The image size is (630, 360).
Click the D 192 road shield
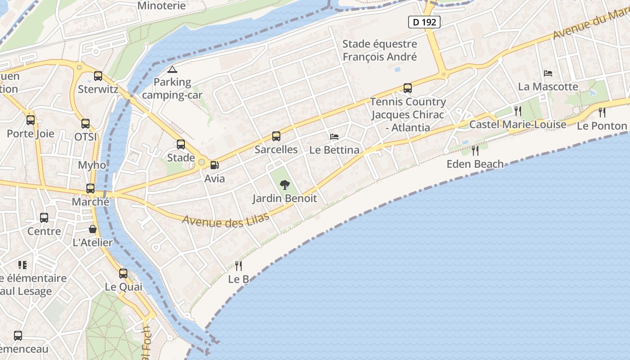(424, 22)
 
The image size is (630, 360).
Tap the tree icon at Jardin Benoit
(284, 184)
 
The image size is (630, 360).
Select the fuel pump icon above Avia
(215, 165)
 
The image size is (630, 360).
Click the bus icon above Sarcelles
(276, 136)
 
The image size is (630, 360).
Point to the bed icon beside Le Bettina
(334, 136)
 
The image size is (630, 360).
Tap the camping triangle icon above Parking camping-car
(172, 69)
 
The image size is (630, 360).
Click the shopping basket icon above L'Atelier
(93, 229)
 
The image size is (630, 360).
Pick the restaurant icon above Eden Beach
(475, 150)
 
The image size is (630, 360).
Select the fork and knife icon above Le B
(238, 265)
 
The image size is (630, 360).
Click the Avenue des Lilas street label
(226, 220)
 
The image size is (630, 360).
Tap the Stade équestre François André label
(380, 50)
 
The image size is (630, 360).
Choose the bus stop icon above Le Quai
(123, 273)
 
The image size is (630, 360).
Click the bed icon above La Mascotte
(548, 73)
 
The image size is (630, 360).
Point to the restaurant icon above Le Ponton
(602, 112)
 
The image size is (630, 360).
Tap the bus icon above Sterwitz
(98, 76)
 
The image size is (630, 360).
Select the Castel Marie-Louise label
(517, 124)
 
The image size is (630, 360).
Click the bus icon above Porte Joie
(31, 120)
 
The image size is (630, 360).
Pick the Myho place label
(92, 165)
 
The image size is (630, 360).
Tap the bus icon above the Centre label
(44, 218)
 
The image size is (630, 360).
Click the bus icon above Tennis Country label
(408, 88)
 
